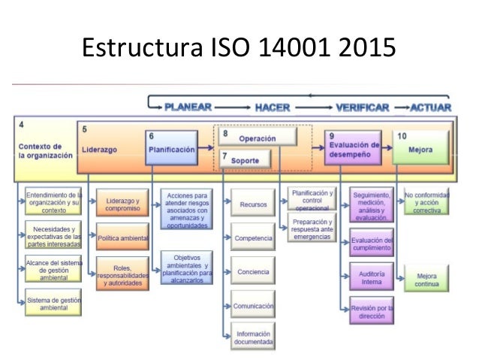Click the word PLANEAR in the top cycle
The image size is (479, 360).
point(188,107)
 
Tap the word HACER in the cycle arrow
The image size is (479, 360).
point(273,107)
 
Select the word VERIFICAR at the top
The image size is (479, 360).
point(361,107)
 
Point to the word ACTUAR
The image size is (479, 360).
point(431,107)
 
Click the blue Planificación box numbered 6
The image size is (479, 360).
point(173,148)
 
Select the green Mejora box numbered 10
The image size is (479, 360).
point(420,148)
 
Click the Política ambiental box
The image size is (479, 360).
point(122,237)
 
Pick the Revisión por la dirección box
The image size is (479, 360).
point(372,311)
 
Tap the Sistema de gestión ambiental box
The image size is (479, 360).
point(51,303)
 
